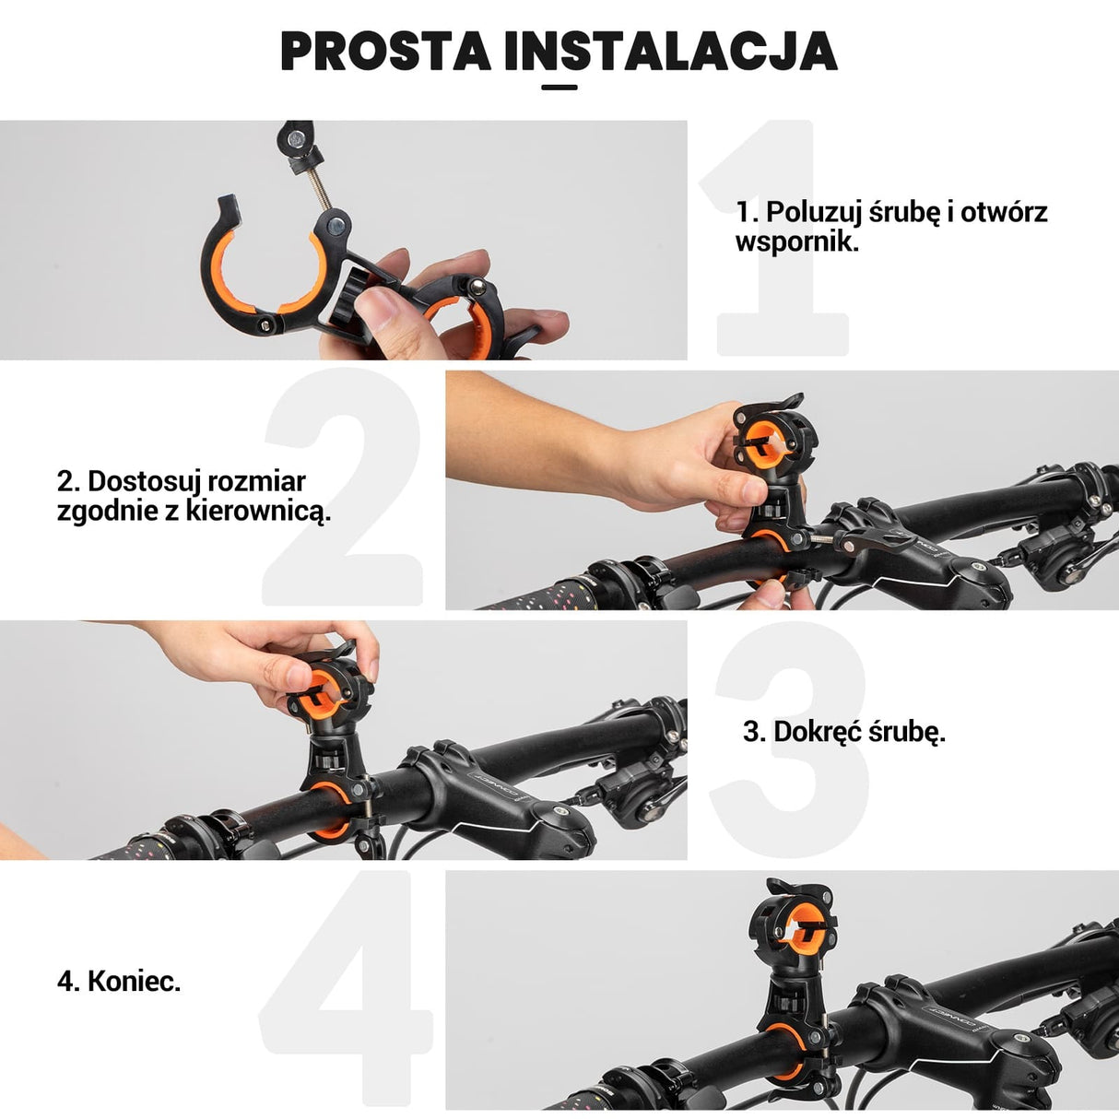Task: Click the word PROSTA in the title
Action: pos(386,52)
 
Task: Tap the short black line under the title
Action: pos(559,88)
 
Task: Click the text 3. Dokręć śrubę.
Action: pos(844,732)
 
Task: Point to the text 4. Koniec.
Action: pos(119,981)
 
